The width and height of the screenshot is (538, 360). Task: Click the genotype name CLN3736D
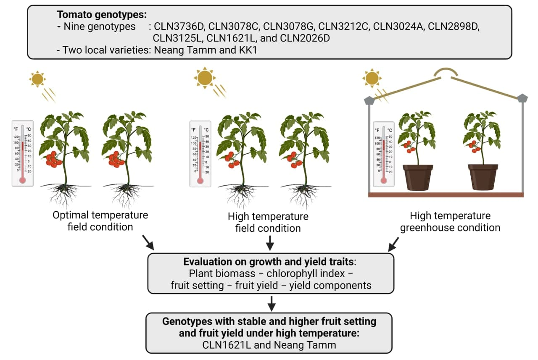click(179, 27)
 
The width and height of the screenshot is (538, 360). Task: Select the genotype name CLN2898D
click(454, 27)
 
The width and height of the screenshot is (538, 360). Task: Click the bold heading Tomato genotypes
click(102, 14)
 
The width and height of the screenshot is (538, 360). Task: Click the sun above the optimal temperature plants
click(37, 79)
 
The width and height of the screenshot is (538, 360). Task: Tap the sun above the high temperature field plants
click(205, 77)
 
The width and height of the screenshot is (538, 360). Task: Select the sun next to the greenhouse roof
click(372, 79)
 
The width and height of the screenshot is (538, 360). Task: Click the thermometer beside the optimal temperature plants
click(23, 153)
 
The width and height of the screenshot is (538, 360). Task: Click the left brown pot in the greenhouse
click(418, 177)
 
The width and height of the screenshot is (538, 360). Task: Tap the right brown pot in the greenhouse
click(483, 177)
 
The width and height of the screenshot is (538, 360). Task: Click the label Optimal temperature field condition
click(100, 221)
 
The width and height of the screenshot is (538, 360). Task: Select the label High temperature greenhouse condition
click(450, 222)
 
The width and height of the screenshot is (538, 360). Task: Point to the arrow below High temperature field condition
click(271, 242)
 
